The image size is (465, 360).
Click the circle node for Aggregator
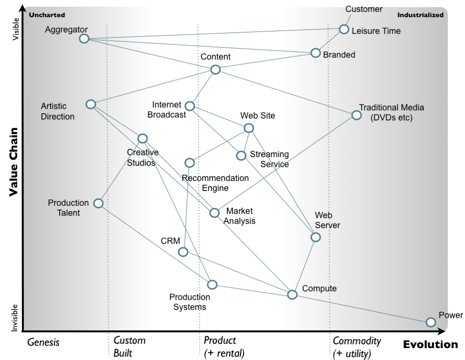click(84, 39)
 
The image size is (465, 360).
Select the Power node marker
click(431, 322)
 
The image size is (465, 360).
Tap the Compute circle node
click(292, 295)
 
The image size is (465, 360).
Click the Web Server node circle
click(316, 237)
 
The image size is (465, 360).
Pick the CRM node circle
click(183, 252)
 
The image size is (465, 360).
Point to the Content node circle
click(215, 70)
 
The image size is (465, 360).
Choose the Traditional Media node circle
click(356, 115)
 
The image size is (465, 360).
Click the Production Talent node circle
click(98, 203)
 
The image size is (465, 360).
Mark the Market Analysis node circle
click(215, 213)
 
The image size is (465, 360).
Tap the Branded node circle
click(316, 53)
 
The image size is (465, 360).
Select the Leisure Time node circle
click(344, 29)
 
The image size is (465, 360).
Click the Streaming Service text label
click(269, 159)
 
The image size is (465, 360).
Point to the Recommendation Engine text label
click(215, 183)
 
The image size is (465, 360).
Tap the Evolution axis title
click(430, 345)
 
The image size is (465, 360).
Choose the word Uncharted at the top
click(47, 15)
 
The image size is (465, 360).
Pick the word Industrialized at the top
click(420, 15)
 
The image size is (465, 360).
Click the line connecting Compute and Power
click(361, 308)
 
